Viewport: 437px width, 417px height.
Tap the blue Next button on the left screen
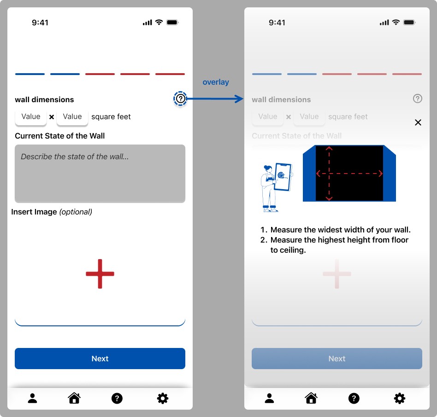100,358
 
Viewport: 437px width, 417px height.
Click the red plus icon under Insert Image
100,274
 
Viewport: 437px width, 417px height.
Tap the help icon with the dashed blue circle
180,98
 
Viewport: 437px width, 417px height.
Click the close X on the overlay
418,122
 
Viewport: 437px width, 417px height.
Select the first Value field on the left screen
31,117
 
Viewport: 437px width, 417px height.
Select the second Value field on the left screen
72,117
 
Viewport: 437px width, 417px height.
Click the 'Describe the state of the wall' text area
100,174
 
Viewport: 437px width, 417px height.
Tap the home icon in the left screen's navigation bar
74,398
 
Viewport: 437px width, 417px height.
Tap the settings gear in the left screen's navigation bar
163,399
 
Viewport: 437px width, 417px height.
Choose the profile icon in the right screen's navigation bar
269,398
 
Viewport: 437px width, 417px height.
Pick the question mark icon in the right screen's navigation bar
354,399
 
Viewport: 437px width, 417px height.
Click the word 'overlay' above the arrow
216,82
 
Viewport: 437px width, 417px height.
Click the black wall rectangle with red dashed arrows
349,173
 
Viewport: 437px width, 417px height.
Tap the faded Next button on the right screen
337,358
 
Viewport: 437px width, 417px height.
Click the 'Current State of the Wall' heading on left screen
59,136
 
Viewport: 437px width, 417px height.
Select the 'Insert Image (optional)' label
52,212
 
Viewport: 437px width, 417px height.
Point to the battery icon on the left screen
172,22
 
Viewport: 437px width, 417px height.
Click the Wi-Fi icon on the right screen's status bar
396,22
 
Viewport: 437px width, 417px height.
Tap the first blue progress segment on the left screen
30,74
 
